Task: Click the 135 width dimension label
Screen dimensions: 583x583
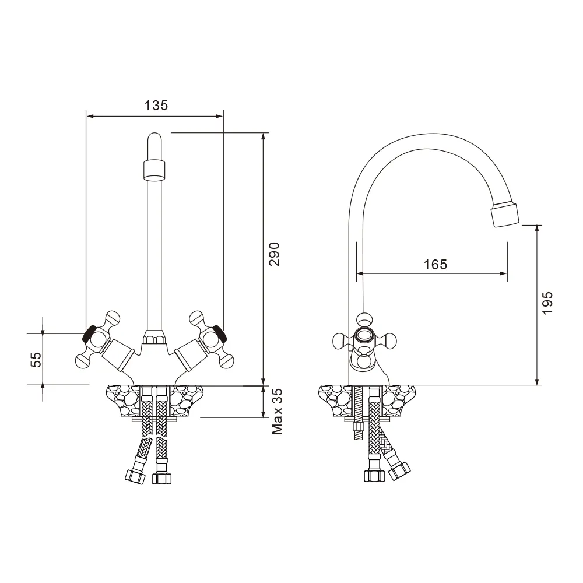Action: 156,106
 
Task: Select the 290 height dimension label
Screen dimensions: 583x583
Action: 275,254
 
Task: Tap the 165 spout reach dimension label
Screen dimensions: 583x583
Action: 435,264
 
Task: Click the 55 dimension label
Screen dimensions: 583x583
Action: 36,360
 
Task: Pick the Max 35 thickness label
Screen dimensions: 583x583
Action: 278,412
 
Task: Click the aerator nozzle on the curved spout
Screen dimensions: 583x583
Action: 504,213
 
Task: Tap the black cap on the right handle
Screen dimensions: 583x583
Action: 219,333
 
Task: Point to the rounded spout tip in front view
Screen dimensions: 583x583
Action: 154,142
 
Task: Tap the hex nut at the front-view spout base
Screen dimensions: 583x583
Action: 154,338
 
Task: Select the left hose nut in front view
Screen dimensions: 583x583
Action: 135,475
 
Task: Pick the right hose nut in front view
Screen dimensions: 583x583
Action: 161,478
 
